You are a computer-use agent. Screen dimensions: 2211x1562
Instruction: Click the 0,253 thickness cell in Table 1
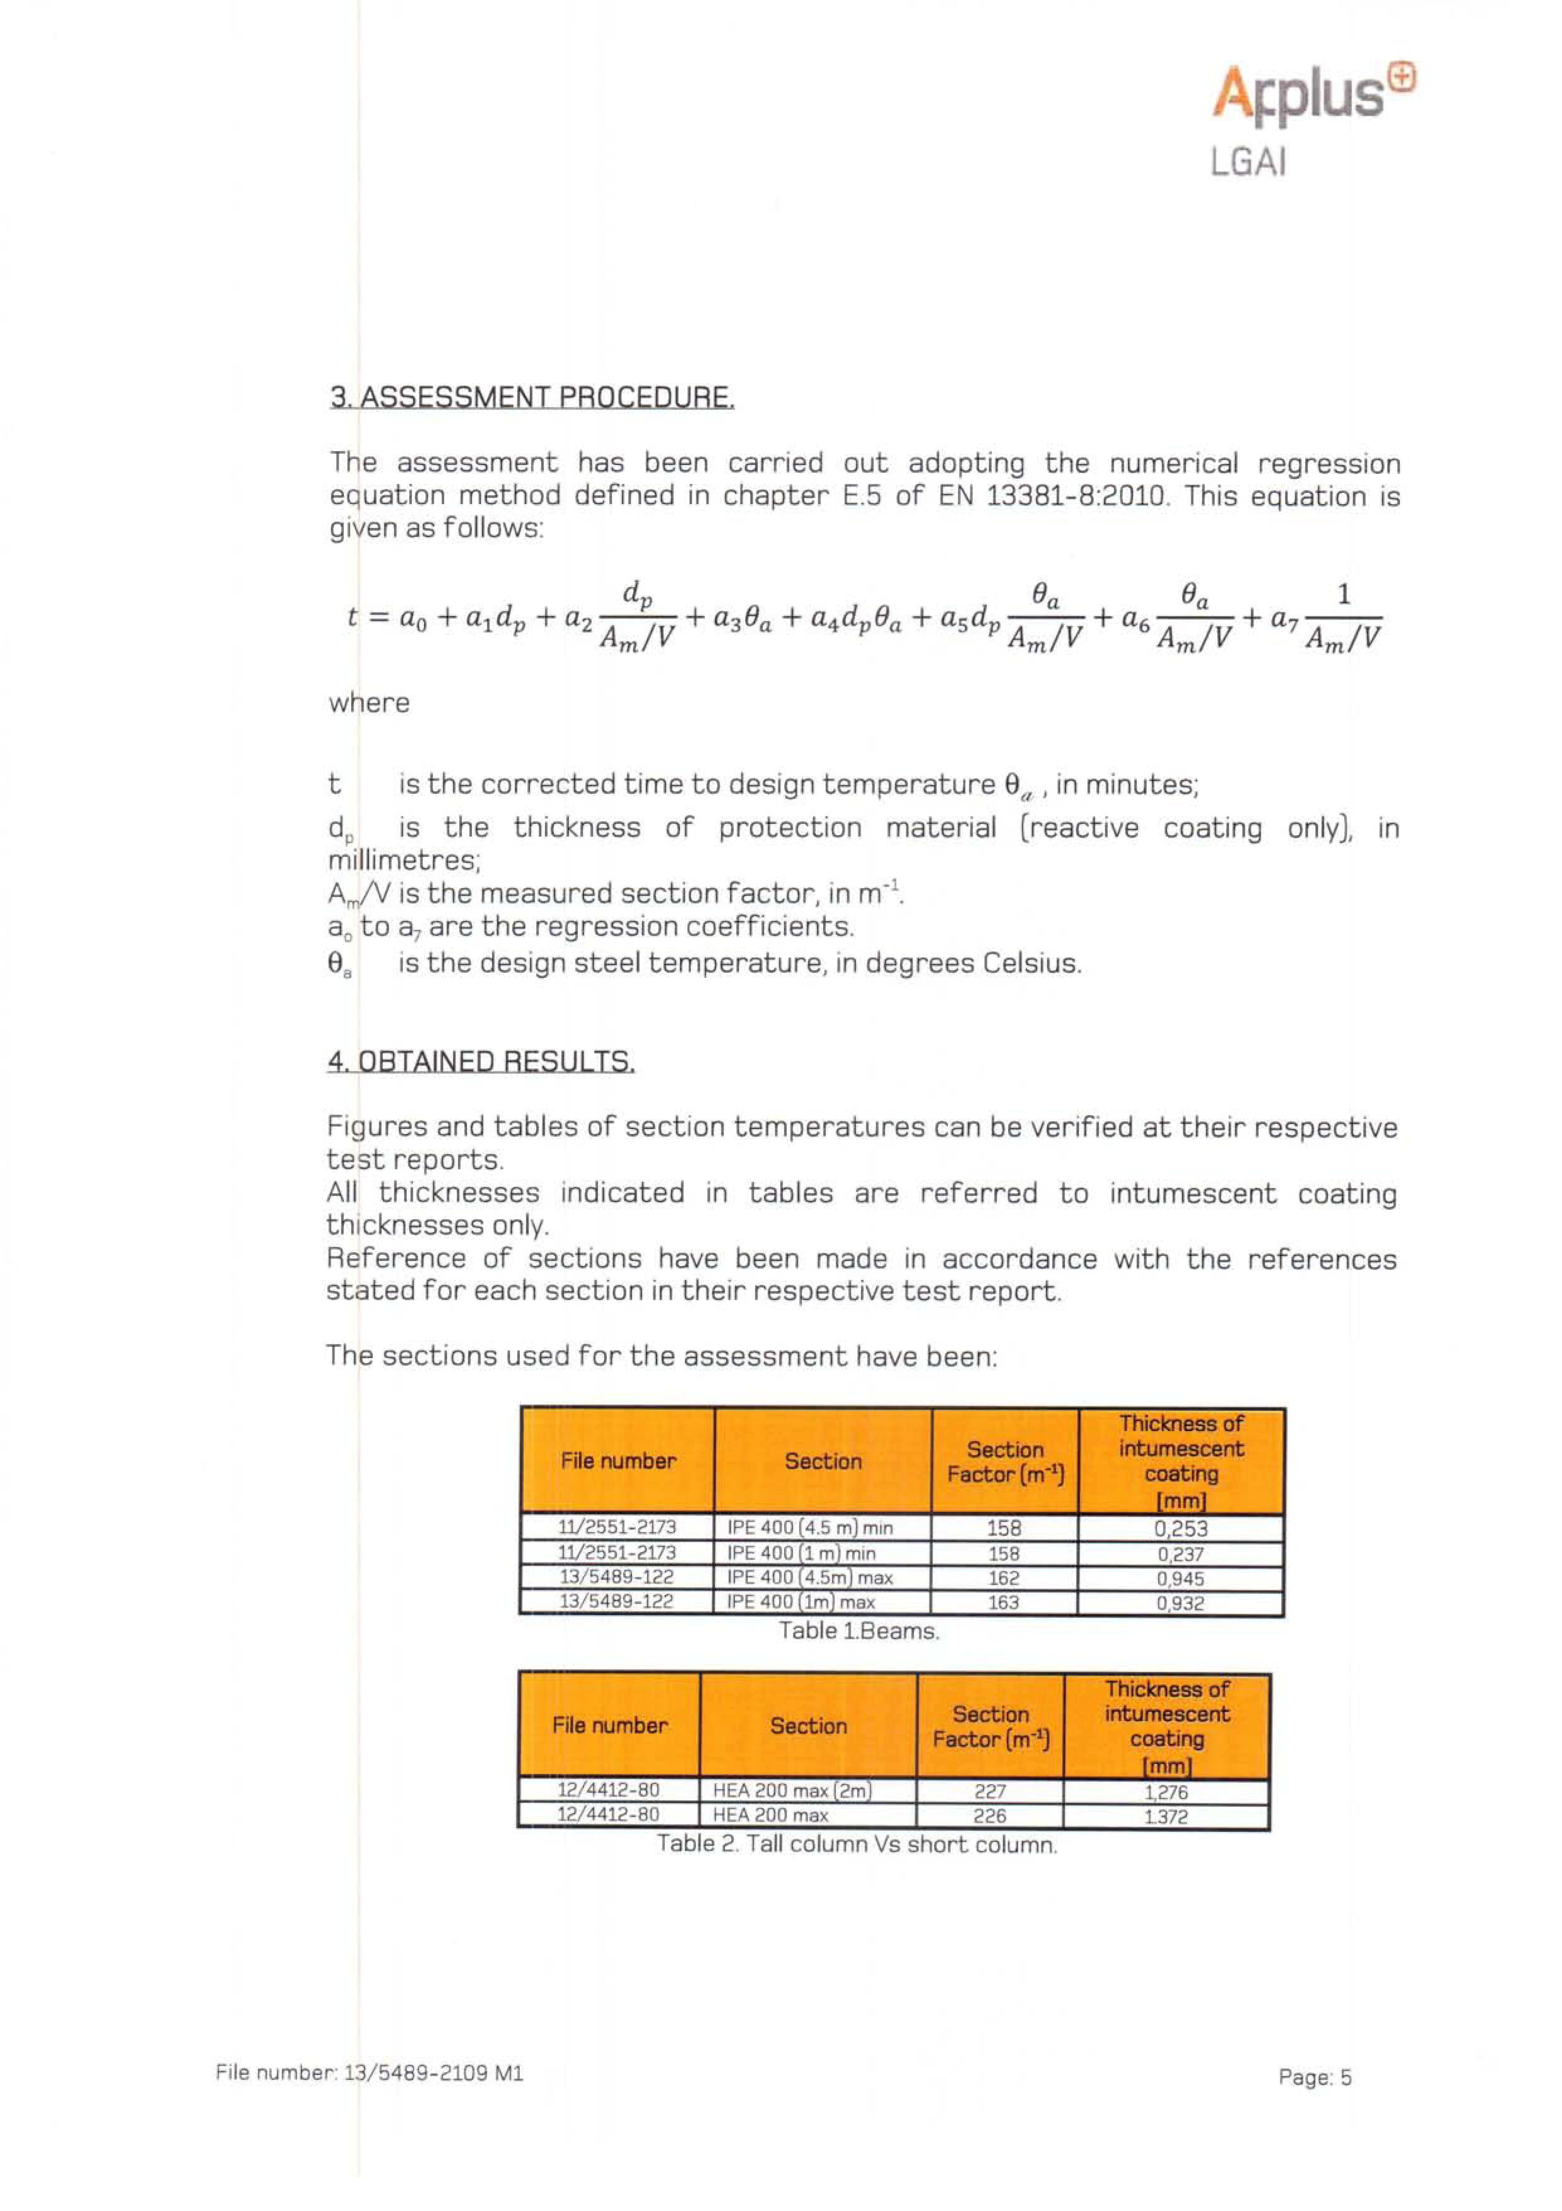1181,1529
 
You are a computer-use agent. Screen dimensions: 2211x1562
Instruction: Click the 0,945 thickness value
1181,1579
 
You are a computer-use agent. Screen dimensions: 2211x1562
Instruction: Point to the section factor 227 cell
990,1791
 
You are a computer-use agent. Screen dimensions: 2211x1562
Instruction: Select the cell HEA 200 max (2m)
792,1791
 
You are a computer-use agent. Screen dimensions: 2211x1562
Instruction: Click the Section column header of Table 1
822,1461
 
